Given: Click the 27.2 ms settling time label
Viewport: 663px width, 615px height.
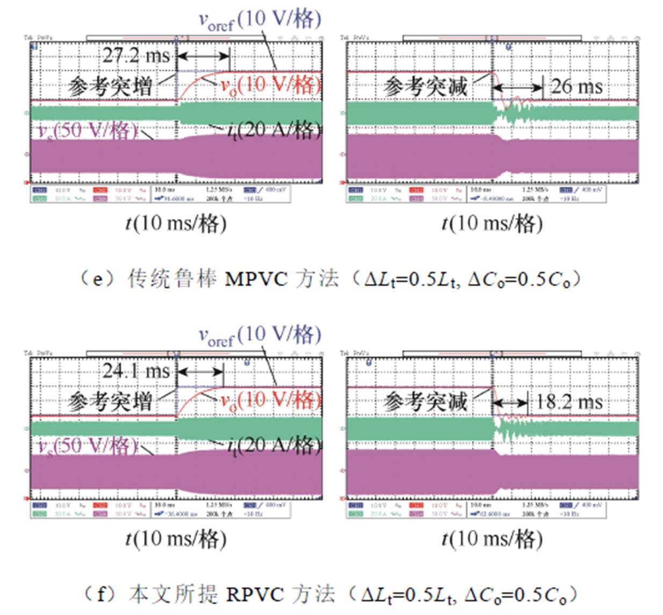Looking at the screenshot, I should coord(136,55).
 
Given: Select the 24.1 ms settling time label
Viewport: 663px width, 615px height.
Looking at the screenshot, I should coord(136,371).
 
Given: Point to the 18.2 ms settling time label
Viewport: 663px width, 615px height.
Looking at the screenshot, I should coord(569,402).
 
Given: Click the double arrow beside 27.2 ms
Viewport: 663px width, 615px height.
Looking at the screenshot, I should coord(203,55).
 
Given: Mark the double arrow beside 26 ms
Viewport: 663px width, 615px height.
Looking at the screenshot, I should coord(517,87).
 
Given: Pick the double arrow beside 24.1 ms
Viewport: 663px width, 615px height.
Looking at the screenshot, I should coord(200,371).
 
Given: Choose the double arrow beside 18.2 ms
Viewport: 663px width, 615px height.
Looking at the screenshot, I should coord(510,403).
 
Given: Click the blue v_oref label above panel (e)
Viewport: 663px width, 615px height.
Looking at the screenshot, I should coord(260,20).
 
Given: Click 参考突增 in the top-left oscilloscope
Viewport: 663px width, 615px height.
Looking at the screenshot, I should coord(110,87).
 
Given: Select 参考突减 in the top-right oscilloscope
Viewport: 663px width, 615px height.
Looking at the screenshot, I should coord(426,87).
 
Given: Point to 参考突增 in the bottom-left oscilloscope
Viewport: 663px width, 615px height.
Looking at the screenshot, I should coord(110,402).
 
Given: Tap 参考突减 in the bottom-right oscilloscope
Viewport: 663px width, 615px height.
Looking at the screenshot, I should coord(426,402).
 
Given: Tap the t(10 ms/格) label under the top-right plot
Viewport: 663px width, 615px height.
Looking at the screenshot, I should coord(492,223).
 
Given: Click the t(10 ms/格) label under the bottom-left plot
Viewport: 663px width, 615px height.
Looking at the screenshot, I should coord(176,539).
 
